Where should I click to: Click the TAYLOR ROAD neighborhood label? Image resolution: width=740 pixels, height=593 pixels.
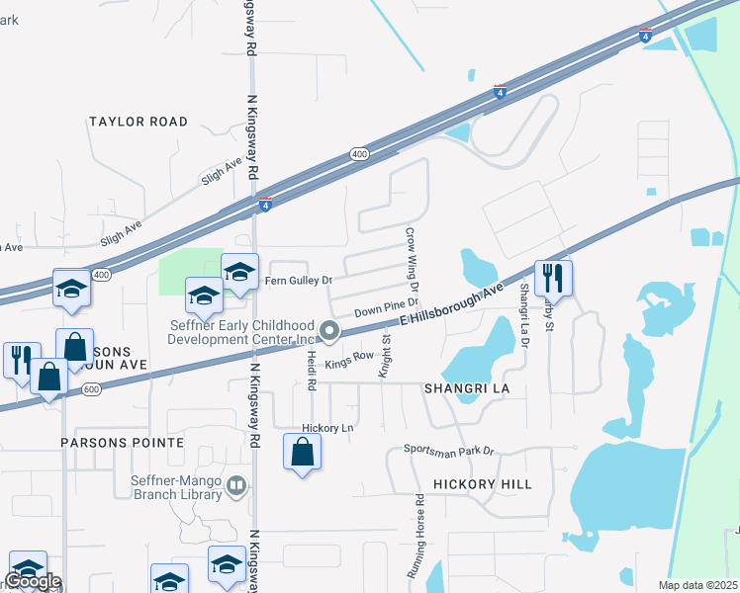point(138,122)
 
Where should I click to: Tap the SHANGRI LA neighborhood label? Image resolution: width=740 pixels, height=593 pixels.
point(467,388)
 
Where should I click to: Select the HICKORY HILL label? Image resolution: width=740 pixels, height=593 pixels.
point(483,484)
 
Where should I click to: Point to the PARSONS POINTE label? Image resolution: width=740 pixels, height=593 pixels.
point(122,442)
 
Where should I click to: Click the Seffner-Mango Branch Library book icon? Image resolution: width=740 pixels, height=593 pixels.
point(236,484)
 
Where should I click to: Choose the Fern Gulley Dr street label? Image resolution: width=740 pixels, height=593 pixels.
point(297,281)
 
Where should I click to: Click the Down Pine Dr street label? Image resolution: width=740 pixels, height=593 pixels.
point(388,308)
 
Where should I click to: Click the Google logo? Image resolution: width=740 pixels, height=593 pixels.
point(33,581)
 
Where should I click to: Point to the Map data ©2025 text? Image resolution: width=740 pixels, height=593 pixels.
point(698,585)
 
